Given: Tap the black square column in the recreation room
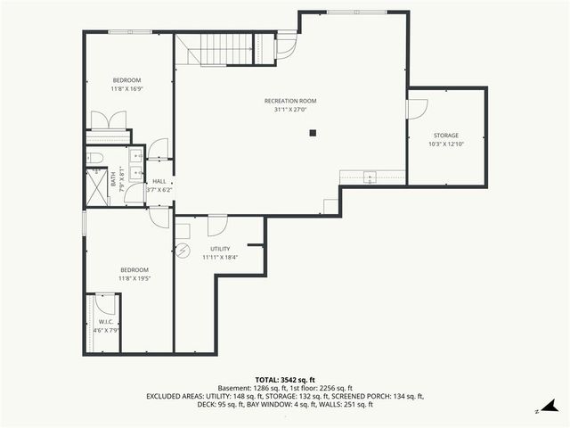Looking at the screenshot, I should coord(313,134).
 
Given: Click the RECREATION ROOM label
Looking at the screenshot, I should coord(290,101).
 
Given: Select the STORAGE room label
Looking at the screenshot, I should coord(446,135).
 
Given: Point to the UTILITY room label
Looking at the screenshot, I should coord(220,249).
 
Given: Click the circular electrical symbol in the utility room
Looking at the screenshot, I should coord(183,250).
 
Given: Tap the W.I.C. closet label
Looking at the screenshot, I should coord(105,322).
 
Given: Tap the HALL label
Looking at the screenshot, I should coord(159,181).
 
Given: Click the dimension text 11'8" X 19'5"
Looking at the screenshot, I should coord(134,278).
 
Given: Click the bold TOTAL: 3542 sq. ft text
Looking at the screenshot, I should coord(284,380).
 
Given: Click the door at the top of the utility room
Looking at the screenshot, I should coord(217,221).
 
